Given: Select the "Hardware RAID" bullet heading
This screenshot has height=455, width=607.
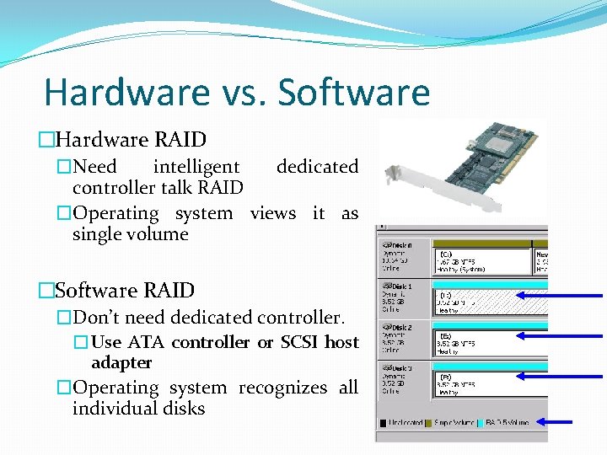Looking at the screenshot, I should (130, 139).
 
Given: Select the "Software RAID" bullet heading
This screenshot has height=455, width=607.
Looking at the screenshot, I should (124, 291).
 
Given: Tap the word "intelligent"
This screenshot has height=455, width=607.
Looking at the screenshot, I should (196, 167).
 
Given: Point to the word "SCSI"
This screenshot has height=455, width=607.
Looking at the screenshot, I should (300, 342).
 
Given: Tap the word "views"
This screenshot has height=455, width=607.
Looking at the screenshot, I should (273, 213).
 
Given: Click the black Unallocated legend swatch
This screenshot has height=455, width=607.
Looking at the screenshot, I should (384, 423).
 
